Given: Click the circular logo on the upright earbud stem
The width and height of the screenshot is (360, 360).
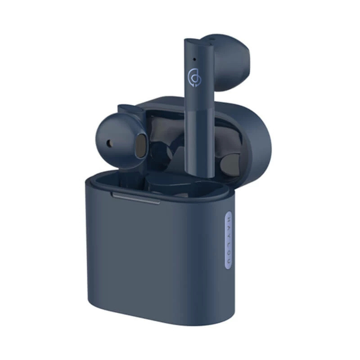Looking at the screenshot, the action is (193, 78).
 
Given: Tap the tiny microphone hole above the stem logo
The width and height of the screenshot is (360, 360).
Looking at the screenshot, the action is (194, 59).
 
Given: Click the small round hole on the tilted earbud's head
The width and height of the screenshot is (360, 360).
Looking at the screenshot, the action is (109, 143).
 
